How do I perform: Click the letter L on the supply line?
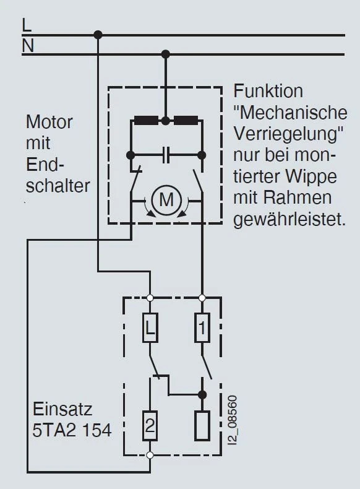tap(26, 25)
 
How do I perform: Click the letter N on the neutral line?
tap(27, 45)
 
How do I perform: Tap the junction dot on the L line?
tap(98, 35)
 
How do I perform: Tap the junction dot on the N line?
tap(165, 54)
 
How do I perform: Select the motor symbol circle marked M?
tap(165, 200)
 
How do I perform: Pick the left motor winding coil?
tap(147, 121)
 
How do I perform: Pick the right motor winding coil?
tap(185, 121)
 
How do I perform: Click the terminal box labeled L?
tap(150, 327)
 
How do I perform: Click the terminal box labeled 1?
tap(201, 327)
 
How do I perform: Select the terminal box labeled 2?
tap(150, 425)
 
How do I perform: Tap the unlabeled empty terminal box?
tap(201, 425)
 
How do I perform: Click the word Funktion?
tap(268, 92)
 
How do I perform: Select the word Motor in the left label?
tap(49, 122)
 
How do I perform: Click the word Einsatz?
tap(63, 410)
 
